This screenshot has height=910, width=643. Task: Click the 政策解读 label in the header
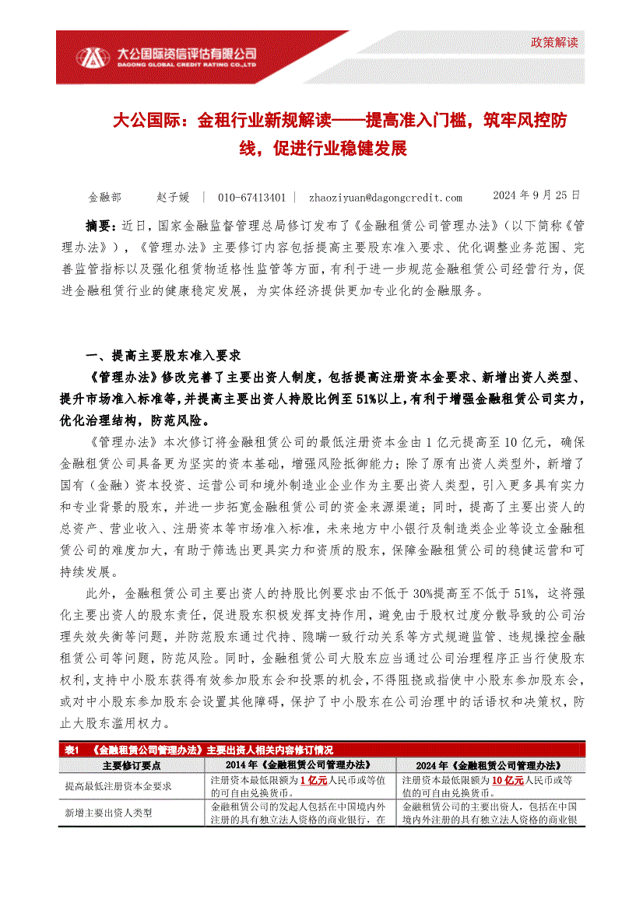click(x=555, y=42)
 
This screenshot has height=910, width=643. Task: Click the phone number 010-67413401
click(x=251, y=198)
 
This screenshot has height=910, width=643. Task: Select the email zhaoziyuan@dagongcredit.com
click(x=385, y=198)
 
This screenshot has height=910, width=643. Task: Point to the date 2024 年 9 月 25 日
click(x=537, y=196)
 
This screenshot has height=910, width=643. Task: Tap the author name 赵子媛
click(x=173, y=198)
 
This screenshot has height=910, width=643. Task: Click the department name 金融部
click(x=105, y=198)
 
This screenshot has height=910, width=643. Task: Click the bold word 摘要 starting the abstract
click(x=100, y=227)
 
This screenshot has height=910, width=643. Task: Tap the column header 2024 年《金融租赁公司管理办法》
click(x=490, y=765)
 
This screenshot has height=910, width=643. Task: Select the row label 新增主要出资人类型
click(x=108, y=813)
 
